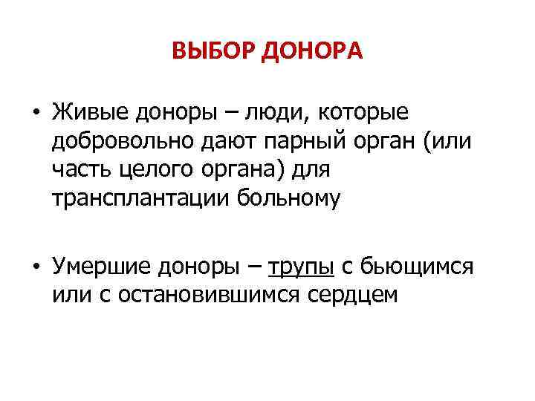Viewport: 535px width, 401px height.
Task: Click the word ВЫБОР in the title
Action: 214,51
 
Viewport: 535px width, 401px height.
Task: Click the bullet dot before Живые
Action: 35,112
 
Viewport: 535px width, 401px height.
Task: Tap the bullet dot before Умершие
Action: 35,267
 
